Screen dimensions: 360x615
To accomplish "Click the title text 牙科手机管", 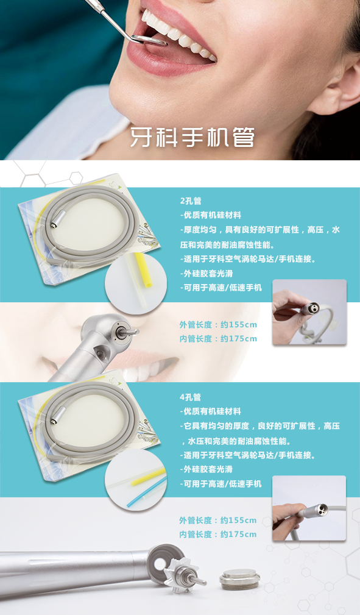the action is coord(192,137).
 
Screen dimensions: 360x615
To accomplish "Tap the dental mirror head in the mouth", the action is coord(149,40).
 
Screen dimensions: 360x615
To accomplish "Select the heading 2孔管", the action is coord(191,201).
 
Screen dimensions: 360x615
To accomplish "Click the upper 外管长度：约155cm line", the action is coord(218,325).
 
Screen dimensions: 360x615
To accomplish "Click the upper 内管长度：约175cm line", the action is coord(218,338).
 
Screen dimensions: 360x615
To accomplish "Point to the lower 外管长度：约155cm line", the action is coord(218,521).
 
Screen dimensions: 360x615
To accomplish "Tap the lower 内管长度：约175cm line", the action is coord(218,534).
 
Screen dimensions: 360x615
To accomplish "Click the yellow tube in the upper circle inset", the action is coord(144,270).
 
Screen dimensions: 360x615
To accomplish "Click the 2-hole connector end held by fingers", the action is coord(311,308).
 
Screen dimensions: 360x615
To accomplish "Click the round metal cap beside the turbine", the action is coord(239,579).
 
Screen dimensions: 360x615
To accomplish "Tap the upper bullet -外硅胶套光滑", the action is coord(206,274).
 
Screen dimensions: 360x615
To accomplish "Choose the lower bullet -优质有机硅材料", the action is coord(211,411).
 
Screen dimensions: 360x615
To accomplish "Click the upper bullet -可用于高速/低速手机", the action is coord(221,288).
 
